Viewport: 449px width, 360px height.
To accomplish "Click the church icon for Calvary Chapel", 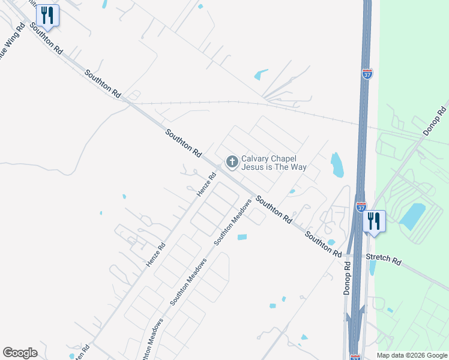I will (231, 161).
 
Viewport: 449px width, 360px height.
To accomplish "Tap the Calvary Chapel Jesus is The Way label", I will (274, 163).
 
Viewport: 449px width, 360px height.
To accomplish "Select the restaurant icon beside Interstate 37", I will (373, 221).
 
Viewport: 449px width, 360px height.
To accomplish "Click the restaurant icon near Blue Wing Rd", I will (47, 15).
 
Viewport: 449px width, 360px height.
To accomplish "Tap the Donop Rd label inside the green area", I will (435, 121).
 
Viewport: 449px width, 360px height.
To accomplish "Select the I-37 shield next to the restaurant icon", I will (361, 206).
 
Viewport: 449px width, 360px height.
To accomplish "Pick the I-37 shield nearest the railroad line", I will (367, 74).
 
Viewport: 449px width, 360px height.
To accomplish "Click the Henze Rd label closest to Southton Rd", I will (206, 185).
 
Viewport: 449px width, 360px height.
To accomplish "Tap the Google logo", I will (20, 353).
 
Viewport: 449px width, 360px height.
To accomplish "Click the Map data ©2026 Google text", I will (412, 355).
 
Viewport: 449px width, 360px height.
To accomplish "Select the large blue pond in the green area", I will (412, 216).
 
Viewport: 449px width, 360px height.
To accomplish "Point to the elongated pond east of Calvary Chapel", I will (337, 164).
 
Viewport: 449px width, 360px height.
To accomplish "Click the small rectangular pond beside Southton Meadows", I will (242, 237).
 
